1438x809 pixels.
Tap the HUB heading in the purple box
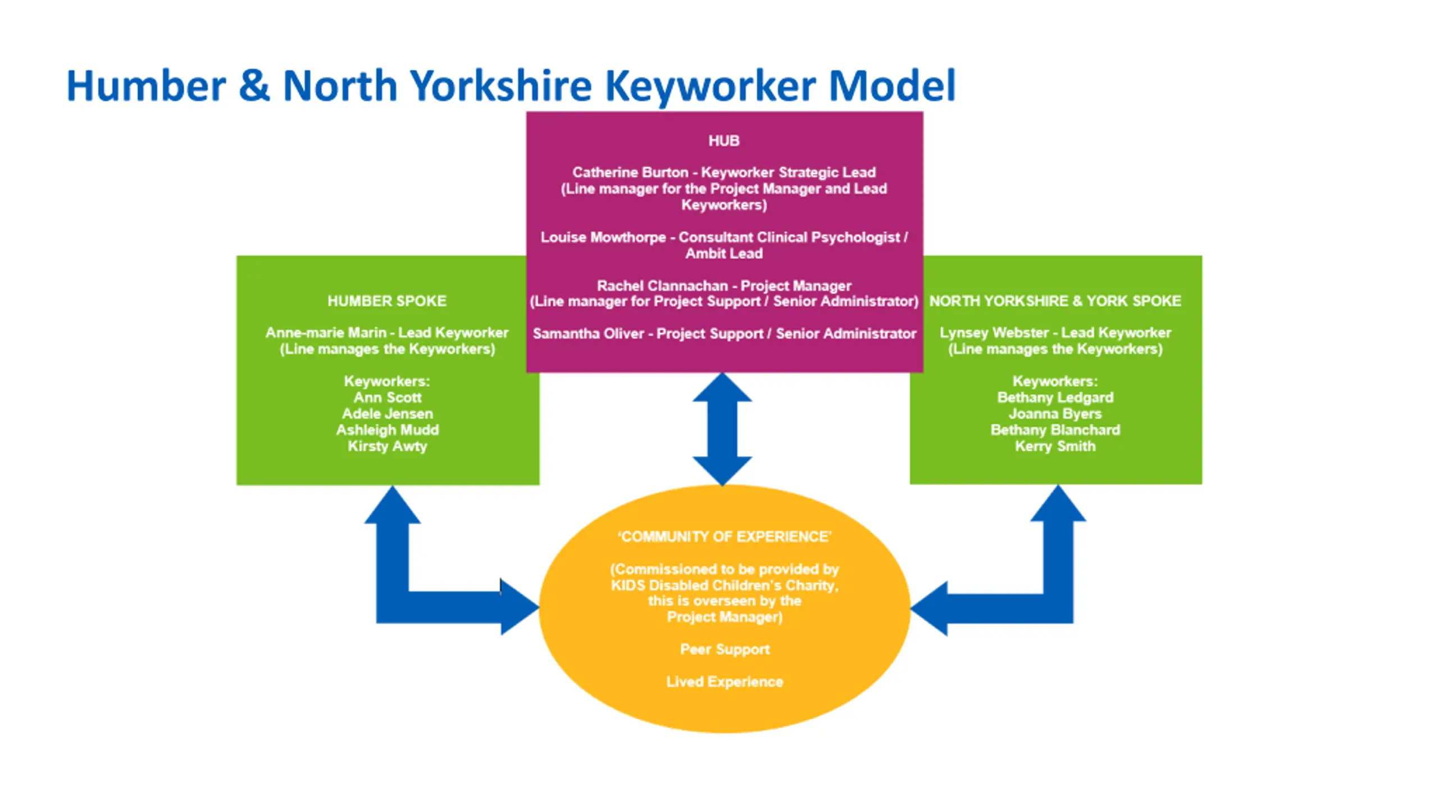coord(723,140)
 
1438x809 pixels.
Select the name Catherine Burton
coord(630,172)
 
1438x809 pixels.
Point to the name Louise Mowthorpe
coord(603,237)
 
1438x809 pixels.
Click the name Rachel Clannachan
coord(662,285)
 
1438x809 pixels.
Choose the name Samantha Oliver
coord(588,334)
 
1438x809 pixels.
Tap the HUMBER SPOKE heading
coord(387,301)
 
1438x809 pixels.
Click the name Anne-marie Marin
coord(326,333)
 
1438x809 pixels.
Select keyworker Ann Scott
coord(387,397)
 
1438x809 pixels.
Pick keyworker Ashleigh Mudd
coord(387,430)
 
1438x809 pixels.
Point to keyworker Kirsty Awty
coord(387,446)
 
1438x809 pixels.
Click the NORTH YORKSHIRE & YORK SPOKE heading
coord(1055,301)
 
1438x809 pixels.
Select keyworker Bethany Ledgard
coord(1055,397)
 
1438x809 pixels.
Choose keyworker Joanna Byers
coord(1055,413)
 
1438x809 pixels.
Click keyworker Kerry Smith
coord(1055,446)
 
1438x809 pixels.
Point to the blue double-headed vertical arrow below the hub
coord(722,429)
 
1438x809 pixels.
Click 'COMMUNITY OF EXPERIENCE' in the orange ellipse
coord(725,537)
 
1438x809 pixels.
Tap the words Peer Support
coord(725,649)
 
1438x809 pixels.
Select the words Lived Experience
coord(725,681)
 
